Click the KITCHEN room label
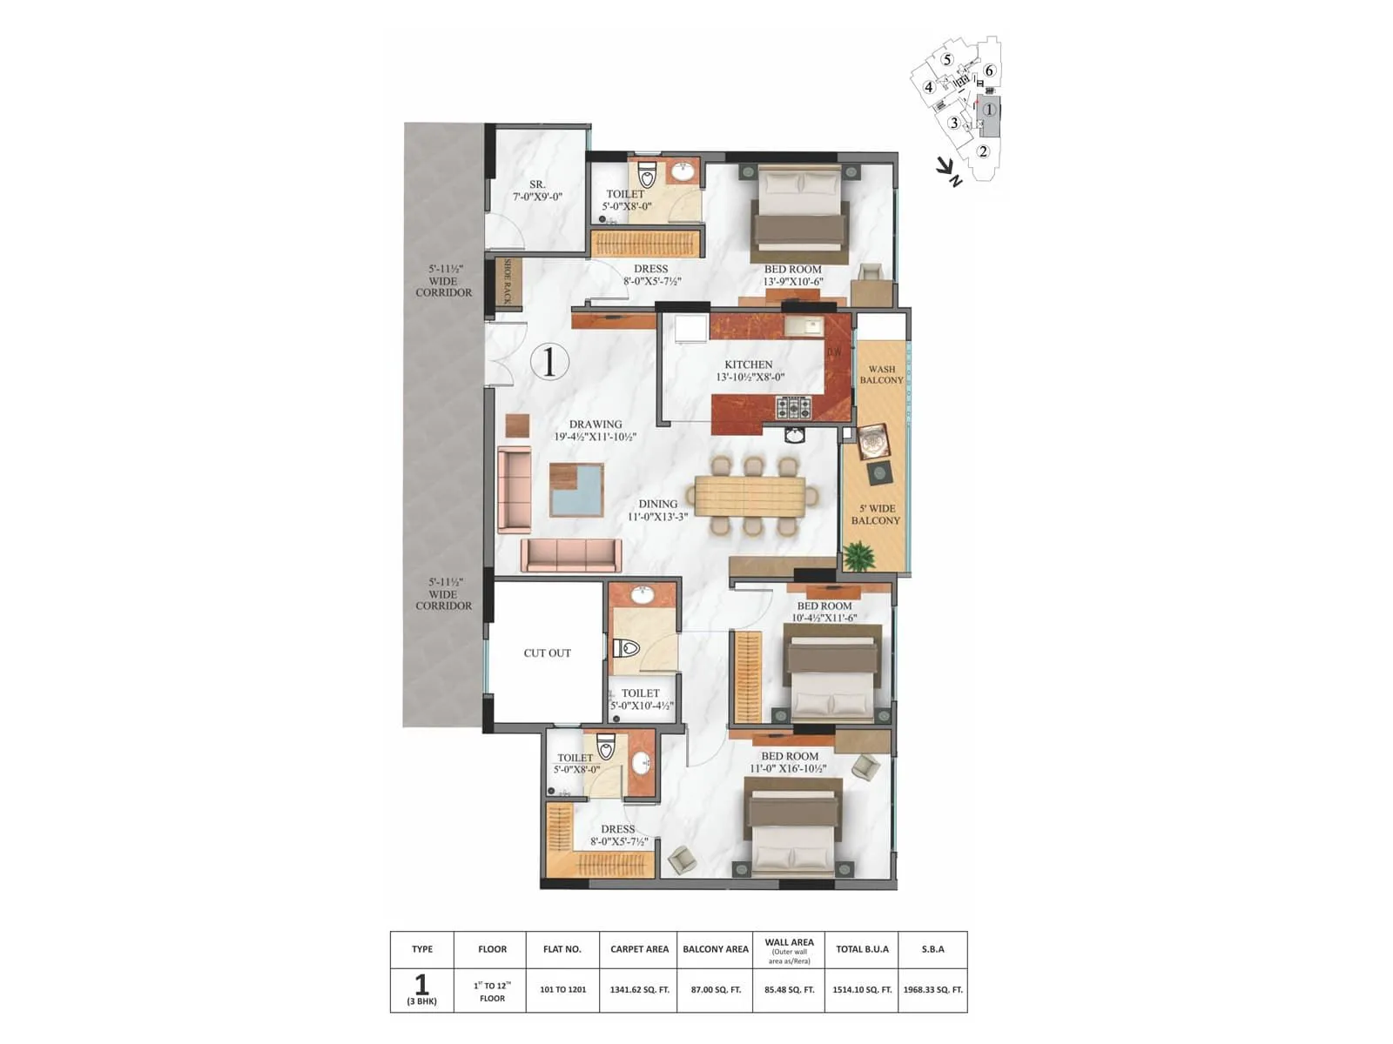pos(749,365)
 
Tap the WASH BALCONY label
pos(881,375)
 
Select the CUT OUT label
pos(547,652)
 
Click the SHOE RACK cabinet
pos(508,281)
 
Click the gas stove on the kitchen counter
pos(793,407)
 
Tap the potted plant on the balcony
pos(859,555)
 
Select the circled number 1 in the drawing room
pos(549,361)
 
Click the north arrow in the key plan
pos(948,171)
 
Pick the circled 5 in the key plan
pos(947,60)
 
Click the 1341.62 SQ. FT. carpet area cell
pos(639,990)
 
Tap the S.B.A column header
pos(932,949)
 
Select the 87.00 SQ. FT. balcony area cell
pos(715,990)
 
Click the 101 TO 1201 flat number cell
pos(562,990)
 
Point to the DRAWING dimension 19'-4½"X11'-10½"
pos(596,437)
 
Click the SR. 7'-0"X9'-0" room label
pos(537,191)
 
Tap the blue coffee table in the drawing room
pos(576,490)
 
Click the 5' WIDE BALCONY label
pos(876,514)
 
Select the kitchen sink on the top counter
pos(803,327)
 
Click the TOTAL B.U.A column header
pos(862,949)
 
